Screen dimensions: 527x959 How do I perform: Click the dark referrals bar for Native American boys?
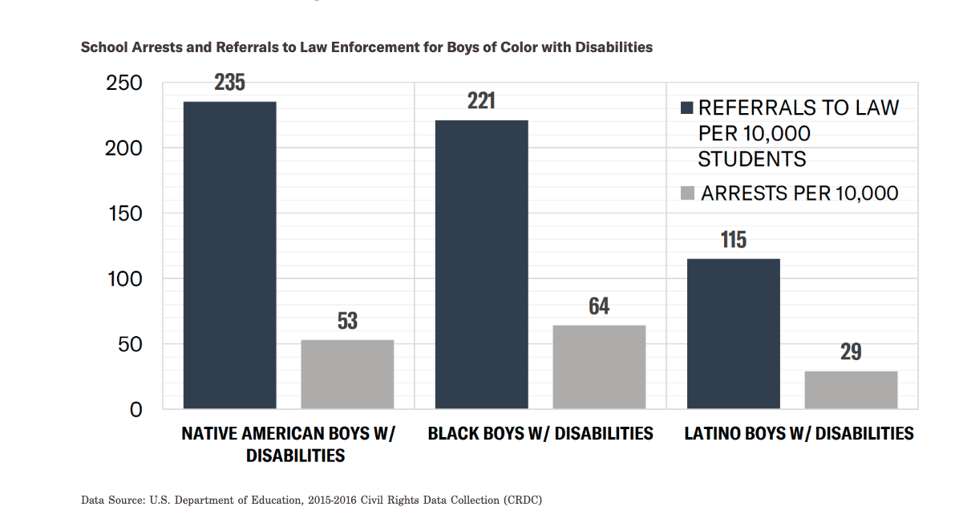pos(229,255)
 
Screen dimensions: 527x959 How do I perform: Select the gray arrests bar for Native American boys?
pos(347,374)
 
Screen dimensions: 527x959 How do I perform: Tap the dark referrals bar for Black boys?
pos(481,264)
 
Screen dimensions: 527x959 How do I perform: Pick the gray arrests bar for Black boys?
pos(599,367)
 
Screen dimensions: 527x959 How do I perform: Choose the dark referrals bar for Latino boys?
pos(733,334)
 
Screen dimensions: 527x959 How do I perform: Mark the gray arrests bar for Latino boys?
pos(851,390)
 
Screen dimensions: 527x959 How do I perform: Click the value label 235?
pos(229,83)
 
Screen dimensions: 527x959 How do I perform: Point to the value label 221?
pos(481,101)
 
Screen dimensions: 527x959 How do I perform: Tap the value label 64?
pos(599,306)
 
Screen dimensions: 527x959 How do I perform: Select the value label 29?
pos(851,352)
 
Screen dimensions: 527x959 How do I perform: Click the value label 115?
pos(733,240)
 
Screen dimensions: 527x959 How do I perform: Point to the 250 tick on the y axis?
pos(124,83)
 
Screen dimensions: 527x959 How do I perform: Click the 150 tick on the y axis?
pos(124,214)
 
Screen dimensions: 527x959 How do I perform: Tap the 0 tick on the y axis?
pos(136,410)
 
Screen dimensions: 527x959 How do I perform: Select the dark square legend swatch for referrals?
pos(686,108)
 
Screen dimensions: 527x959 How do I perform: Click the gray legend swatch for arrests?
pos(686,193)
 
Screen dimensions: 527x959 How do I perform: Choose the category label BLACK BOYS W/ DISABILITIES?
pos(540,434)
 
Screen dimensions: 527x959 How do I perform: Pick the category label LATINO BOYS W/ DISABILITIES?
pos(799,434)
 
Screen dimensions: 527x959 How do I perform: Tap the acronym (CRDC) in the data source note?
pos(522,501)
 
